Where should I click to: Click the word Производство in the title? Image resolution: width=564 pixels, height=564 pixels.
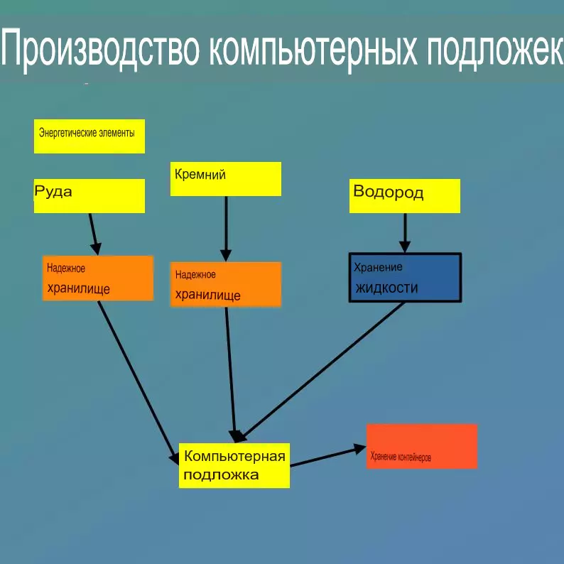(99, 48)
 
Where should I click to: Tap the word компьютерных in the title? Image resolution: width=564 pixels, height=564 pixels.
(313, 48)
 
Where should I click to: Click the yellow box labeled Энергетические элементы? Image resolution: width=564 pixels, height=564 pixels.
(90, 136)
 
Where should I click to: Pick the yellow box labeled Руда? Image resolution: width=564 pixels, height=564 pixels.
(90, 196)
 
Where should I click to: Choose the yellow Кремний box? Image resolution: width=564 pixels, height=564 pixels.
(225, 179)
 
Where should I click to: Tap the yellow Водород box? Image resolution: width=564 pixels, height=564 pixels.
(405, 196)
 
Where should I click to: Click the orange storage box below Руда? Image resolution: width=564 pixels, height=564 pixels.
(98, 278)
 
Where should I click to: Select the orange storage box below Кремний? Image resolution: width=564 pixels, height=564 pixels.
(225, 284)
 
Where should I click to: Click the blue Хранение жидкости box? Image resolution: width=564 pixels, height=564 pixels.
(405, 277)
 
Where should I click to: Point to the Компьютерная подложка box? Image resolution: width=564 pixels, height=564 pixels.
(234, 465)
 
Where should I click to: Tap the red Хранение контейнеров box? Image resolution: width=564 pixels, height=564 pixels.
(422, 446)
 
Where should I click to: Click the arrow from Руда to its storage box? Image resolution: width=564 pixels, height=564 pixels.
(95, 234)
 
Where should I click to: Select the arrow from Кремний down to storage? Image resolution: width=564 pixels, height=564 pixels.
(226, 229)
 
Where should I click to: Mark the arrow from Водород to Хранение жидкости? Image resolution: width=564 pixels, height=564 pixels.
(405, 233)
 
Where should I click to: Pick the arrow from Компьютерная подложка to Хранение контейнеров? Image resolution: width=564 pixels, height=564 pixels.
(328, 456)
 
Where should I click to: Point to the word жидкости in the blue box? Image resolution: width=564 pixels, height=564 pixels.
(386, 288)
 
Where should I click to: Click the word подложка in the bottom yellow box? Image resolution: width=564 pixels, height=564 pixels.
(221, 475)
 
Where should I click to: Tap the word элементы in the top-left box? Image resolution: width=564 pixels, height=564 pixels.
(114, 133)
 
